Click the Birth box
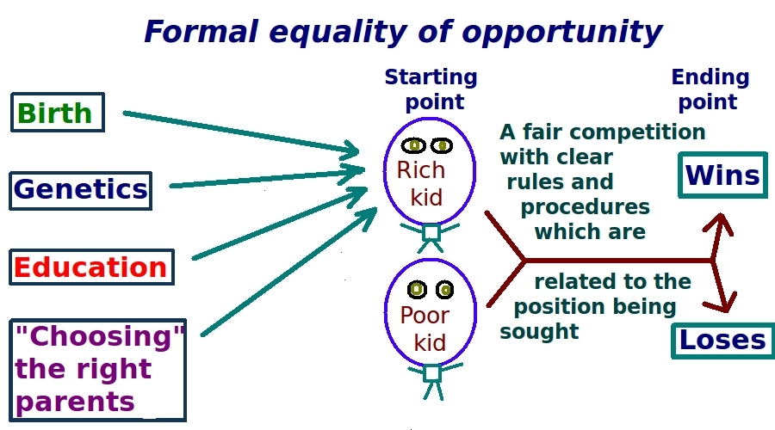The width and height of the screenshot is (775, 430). [x=58, y=112]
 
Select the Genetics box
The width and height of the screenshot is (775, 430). [x=81, y=191]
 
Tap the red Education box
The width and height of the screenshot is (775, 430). [x=91, y=267]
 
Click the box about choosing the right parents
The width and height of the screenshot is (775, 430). [x=98, y=371]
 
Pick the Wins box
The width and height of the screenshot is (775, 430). [x=722, y=175]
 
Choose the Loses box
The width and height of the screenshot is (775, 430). [x=722, y=341]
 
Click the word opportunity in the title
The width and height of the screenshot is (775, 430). [x=562, y=33]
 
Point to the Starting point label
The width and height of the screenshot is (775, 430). [x=432, y=89]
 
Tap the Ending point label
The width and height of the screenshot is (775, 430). [x=710, y=89]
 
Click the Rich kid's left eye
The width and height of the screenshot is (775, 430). [x=413, y=145]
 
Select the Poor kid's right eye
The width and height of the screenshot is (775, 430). [x=445, y=290]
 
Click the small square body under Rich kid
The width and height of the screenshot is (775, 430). [x=431, y=232]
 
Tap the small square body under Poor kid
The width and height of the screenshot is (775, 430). [x=432, y=373]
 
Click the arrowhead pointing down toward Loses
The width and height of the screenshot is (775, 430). [x=726, y=300]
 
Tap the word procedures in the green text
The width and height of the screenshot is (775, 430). [x=586, y=208]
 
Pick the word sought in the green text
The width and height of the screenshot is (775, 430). [x=539, y=332]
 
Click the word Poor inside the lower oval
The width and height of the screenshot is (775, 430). [x=425, y=315]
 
